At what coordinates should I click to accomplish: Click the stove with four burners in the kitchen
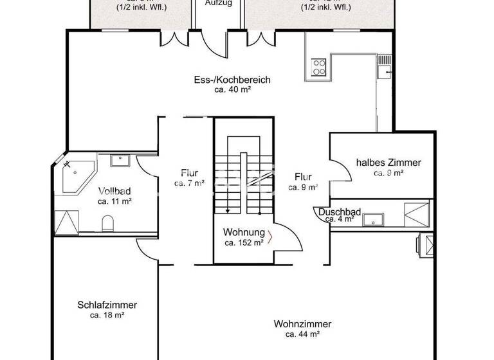320,67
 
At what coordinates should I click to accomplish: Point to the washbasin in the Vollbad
120,160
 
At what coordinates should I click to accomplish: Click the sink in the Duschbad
372,220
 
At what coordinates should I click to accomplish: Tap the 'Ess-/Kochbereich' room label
232,80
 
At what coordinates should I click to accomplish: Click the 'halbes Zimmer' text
389,163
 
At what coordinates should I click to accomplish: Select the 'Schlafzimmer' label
107,305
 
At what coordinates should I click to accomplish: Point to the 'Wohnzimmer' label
302,324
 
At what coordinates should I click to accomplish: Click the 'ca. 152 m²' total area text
244,242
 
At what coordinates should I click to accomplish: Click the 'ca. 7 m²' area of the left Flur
189,183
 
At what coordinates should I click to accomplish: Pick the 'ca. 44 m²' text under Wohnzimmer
303,334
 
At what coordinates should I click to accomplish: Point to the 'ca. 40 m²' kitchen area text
232,91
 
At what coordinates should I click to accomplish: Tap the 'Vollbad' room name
114,191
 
